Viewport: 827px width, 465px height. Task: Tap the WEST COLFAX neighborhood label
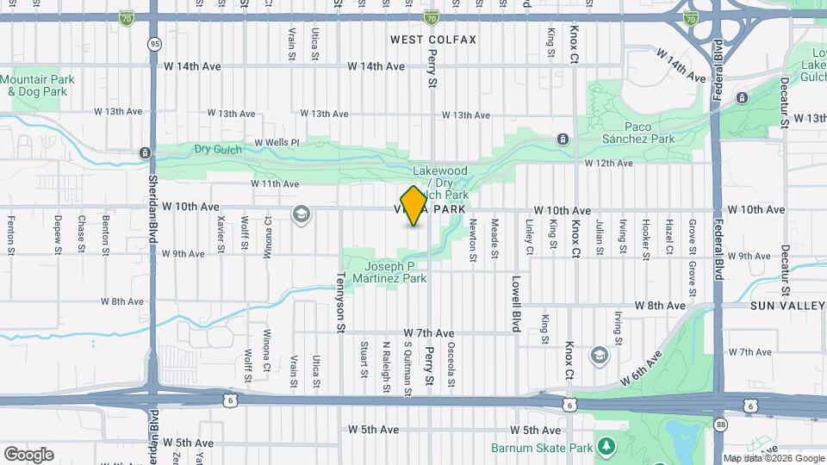432,40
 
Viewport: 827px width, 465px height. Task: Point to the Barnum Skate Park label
542,448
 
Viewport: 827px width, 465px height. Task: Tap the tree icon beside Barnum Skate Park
606,447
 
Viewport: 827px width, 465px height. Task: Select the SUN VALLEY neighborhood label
776,306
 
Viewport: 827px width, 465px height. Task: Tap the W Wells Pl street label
277,142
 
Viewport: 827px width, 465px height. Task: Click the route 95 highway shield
154,43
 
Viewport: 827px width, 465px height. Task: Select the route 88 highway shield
720,424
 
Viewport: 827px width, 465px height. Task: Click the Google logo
28,454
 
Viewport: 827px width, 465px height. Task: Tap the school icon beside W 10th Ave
302,214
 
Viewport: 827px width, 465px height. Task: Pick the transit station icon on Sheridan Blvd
145,153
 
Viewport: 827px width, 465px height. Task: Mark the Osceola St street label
451,362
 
